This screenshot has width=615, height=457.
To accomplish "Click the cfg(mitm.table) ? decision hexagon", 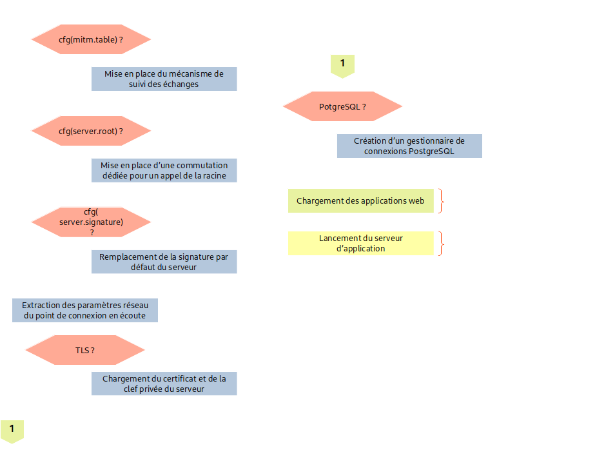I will pyautogui.click(x=91, y=39).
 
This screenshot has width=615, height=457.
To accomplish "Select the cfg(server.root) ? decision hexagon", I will pyautogui.click(x=91, y=131).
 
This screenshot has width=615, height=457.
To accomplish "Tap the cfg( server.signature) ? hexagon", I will pyautogui.click(x=91, y=222).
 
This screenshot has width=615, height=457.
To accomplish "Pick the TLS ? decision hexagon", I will pyautogui.click(x=84, y=351).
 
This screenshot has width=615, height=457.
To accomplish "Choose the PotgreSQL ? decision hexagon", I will pyautogui.click(x=342, y=106).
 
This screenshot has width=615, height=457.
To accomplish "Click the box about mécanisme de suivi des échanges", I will pyautogui.click(x=164, y=79).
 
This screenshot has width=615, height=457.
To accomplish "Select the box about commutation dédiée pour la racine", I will pyautogui.click(x=164, y=170).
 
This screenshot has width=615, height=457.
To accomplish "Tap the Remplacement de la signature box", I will pyautogui.click(x=164, y=262).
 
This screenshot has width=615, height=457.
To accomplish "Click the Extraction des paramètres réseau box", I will pyautogui.click(x=84, y=310).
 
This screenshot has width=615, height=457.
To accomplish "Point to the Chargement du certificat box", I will pyautogui.click(x=164, y=384).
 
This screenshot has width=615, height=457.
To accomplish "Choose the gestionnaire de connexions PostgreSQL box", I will pyautogui.click(x=409, y=146).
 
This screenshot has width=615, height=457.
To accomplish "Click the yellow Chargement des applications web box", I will pyautogui.click(x=360, y=200).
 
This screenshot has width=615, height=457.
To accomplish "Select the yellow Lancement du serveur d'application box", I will pyautogui.click(x=360, y=243).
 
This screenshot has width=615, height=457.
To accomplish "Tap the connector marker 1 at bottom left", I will pyautogui.click(x=12, y=430).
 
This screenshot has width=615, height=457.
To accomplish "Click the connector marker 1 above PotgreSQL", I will pyautogui.click(x=342, y=64).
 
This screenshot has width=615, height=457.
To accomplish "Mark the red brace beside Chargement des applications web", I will pyautogui.click(x=442, y=200).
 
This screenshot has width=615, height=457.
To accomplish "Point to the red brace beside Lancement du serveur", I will pyautogui.click(x=442, y=243).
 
